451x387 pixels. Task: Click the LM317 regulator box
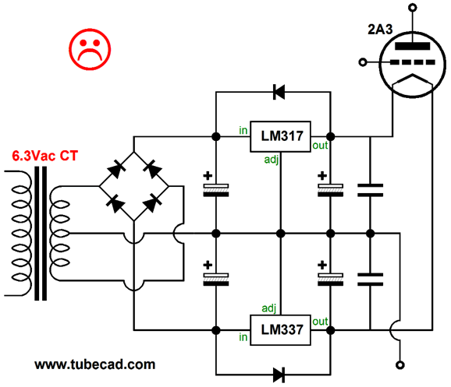[x=280, y=136]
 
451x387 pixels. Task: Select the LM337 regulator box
[x=280, y=330]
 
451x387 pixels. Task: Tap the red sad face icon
[x=90, y=49]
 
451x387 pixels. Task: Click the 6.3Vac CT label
[x=45, y=156]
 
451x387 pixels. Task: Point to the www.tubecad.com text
[x=95, y=364]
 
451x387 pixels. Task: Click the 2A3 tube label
[x=380, y=30]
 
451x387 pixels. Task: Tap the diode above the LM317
[x=279, y=92]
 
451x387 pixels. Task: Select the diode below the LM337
[x=279, y=375]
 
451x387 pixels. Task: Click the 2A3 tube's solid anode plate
[x=413, y=46]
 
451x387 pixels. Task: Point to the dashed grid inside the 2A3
[x=413, y=62]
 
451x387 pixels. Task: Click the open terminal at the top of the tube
[x=413, y=8]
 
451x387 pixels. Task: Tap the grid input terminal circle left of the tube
[x=363, y=62]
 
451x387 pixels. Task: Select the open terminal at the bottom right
[x=400, y=365]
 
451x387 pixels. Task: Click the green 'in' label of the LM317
[x=243, y=131]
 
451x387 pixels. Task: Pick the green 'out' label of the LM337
[x=320, y=322]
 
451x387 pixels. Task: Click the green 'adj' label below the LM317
[x=272, y=160]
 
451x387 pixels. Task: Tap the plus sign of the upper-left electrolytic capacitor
[x=208, y=175]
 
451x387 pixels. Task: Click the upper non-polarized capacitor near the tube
[x=370, y=190]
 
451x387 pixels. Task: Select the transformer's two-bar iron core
[x=41, y=233]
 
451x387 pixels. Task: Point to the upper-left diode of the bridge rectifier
[x=116, y=170]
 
